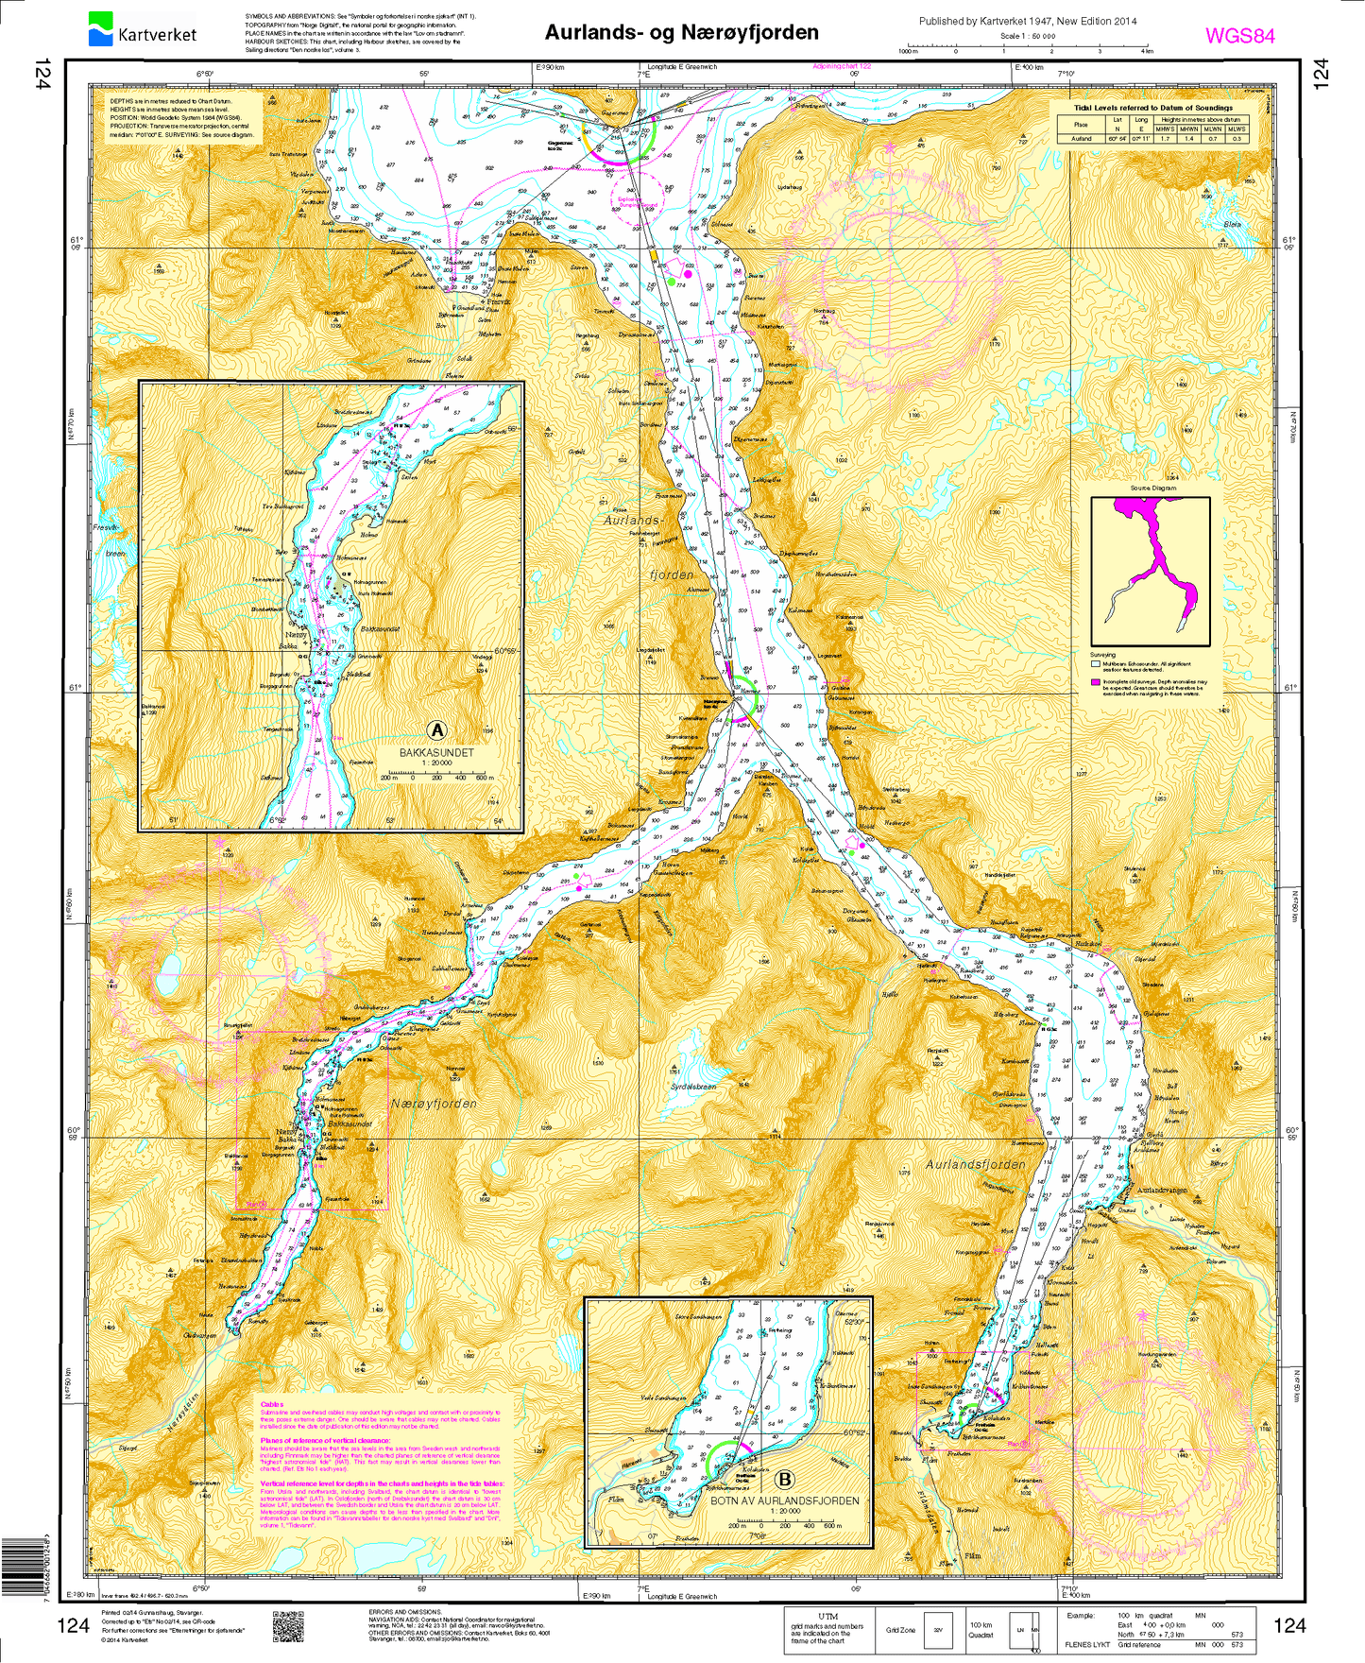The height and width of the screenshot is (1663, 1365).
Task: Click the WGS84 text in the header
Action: coord(1239,36)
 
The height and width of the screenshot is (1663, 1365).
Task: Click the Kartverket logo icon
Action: coord(100,28)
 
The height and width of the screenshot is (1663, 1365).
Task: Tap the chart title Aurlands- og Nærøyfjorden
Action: coord(681,32)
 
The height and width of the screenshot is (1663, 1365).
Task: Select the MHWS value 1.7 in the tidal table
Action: coord(1164,138)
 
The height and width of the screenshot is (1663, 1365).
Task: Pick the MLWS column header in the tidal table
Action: coord(1237,129)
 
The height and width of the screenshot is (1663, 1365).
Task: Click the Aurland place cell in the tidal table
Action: coord(1081,138)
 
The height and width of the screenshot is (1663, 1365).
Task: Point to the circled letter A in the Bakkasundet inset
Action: coord(436,729)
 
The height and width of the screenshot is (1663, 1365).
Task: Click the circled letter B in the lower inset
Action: coord(784,1480)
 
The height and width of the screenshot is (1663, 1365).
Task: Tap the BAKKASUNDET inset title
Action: coord(436,753)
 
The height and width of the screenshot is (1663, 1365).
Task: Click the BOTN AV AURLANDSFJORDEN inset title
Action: coord(784,1500)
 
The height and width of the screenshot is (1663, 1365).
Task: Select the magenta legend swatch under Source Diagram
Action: coord(1095,681)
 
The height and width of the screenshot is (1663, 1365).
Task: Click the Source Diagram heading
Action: coord(1152,489)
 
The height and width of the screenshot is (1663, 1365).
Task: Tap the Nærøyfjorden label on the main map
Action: coord(434,1104)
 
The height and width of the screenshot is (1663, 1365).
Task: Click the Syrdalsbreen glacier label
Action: coord(693,1087)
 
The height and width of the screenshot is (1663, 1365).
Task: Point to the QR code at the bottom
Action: coord(288,1626)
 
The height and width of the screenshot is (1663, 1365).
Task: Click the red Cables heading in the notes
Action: coord(271,1404)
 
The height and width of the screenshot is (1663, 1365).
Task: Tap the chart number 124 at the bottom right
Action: coord(1288,1625)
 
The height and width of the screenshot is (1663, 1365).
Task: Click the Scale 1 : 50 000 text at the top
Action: coord(1028,36)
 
